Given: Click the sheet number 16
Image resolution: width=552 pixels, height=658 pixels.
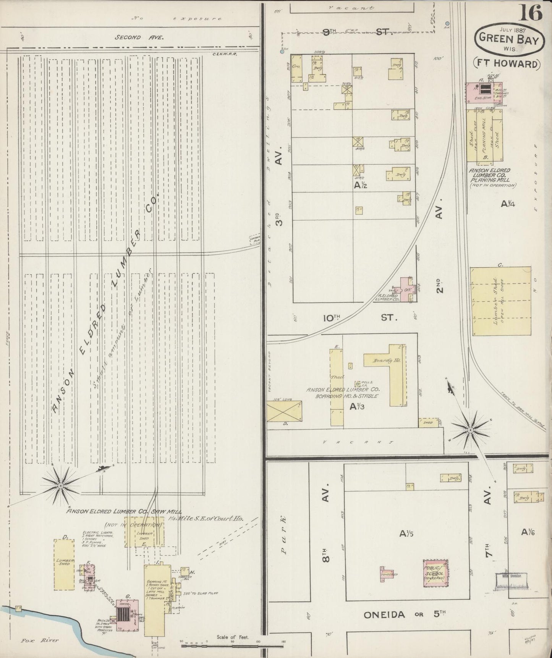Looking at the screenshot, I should point(530,14).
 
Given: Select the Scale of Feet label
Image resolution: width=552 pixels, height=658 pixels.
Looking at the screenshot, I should point(233,637).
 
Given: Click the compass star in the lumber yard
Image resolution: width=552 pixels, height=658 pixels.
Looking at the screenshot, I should point(60,485).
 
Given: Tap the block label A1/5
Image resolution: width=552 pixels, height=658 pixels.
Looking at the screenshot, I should point(407,534).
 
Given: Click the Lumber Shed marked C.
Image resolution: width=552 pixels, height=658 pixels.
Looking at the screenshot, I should point(500,301).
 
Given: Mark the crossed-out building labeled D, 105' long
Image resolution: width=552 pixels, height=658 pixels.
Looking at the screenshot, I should point(284,411).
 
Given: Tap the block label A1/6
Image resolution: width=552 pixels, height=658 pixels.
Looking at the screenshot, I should point(529,531).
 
